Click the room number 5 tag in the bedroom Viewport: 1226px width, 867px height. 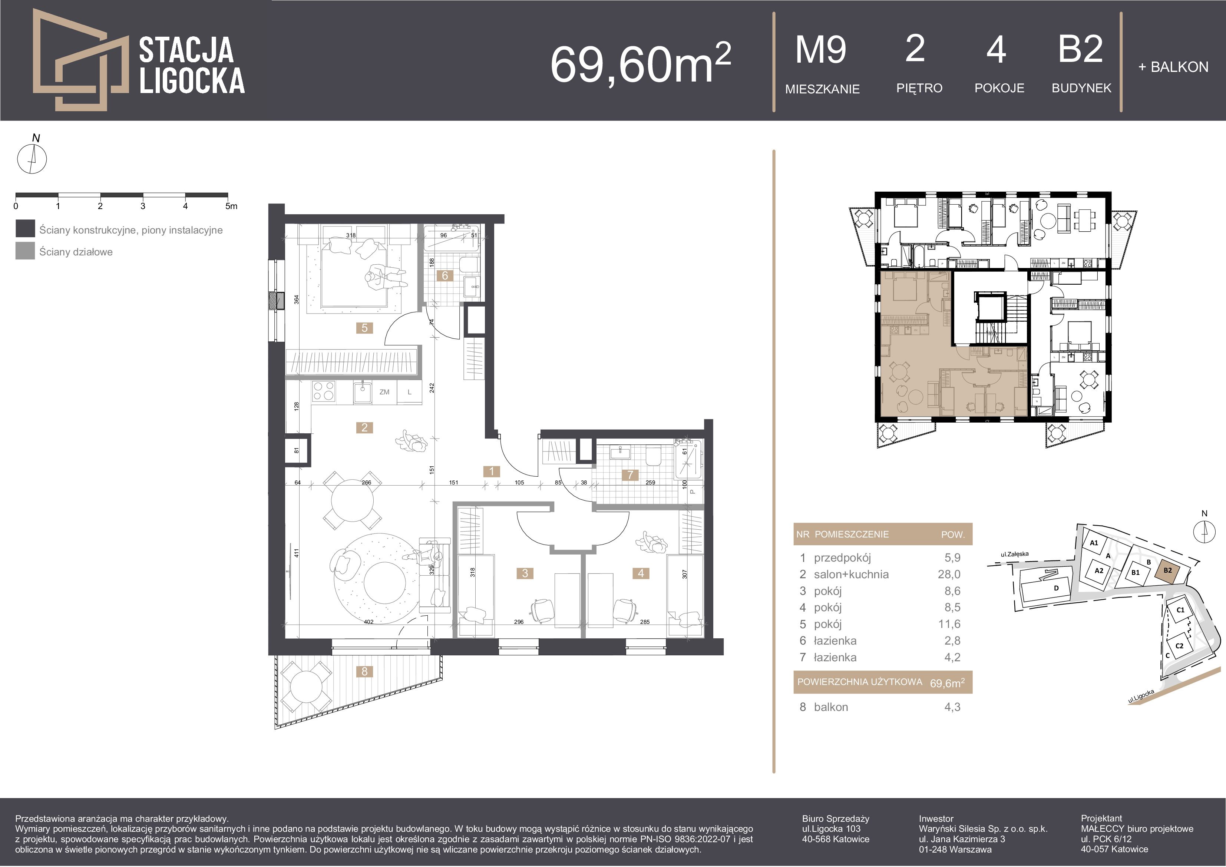pyautogui.click(x=365, y=328)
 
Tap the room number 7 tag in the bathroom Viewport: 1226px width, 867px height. pyautogui.click(x=630, y=474)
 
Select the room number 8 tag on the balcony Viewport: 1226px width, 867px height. pyautogui.click(x=365, y=672)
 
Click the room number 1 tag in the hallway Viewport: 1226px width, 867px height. pyautogui.click(x=491, y=471)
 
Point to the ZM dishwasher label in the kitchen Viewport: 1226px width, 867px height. pyautogui.click(x=384, y=392)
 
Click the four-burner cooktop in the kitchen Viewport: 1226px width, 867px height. pyautogui.click(x=324, y=391)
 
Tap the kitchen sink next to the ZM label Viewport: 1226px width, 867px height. pyautogui.click(x=363, y=393)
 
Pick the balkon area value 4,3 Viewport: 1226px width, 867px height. pyautogui.click(x=952, y=707)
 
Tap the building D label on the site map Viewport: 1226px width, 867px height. pyautogui.click(x=1056, y=588)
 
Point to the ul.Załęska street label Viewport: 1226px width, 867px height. pyautogui.click(x=1015, y=554)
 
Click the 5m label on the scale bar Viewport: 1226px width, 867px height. pyautogui.click(x=231, y=206)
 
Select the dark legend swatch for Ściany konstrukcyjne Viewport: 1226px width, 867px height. pyautogui.click(x=25, y=228)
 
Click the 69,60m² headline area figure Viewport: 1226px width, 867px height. pyautogui.click(x=641, y=63)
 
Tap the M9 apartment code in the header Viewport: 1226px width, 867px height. pyautogui.click(x=821, y=50)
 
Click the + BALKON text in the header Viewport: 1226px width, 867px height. pyautogui.click(x=1173, y=67)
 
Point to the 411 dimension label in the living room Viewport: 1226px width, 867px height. pyautogui.click(x=296, y=553)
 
